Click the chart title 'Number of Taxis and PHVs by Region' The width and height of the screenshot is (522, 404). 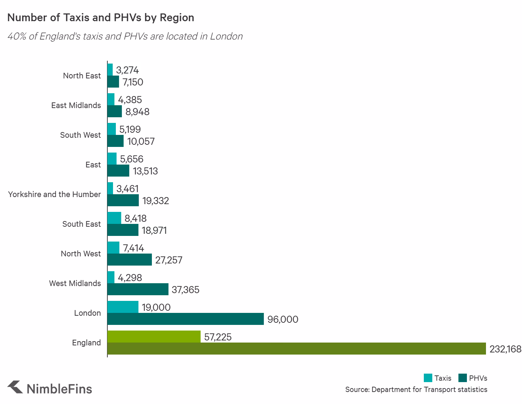pos(101,18)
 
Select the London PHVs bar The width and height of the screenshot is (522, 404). pos(185,319)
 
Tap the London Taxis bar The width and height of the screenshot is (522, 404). pos(123,307)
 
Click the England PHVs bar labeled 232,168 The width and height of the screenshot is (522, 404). pos(297,349)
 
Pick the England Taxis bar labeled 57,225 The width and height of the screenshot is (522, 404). pos(154,337)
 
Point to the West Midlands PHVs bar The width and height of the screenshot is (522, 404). pos(138,289)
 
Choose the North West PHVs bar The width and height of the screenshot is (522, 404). pos(130,260)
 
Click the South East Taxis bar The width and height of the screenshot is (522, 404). pos(114,218)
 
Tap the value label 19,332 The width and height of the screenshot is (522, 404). pos(155,201)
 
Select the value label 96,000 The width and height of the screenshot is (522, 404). pos(283,319)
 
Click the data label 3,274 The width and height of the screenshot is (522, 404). pos(127,70)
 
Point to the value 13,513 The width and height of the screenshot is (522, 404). pos(145,171)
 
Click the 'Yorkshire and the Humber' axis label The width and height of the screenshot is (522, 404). pos(54,194)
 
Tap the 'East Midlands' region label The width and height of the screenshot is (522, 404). pos(76,105)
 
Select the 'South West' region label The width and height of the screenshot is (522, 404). pos(80,135)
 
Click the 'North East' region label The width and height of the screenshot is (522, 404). pos(82,76)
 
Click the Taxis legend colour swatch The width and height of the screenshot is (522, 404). pos(428,378)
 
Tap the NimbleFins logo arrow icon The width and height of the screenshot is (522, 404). pos(15,387)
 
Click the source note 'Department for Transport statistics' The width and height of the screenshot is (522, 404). pos(416,389)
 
